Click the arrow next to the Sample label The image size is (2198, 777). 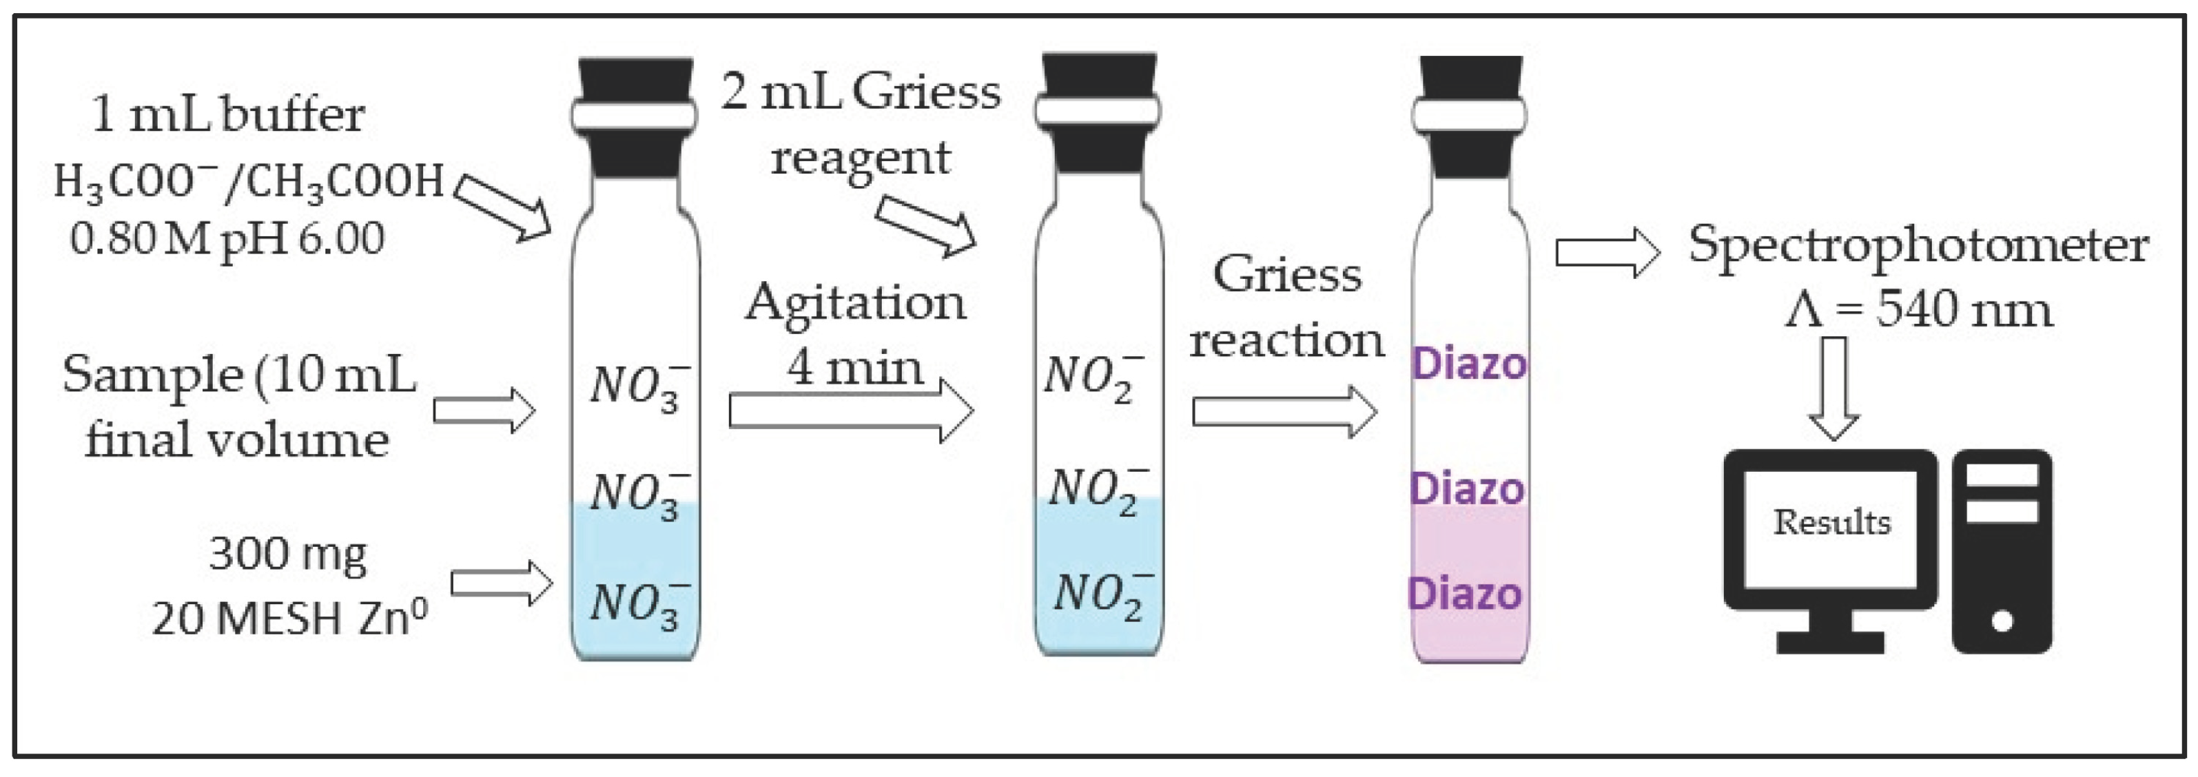(484, 411)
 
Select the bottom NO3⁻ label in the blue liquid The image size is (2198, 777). (638, 604)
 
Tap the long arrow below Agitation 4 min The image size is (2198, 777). (851, 411)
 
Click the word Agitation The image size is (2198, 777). (855, 303)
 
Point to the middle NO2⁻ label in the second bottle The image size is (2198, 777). (1096, 490)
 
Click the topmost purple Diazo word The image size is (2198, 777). (1468, 364)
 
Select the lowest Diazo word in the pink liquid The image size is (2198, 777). (1464, 594)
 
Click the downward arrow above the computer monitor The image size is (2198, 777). (1834, 388)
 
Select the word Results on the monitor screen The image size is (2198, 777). (1832, 522)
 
